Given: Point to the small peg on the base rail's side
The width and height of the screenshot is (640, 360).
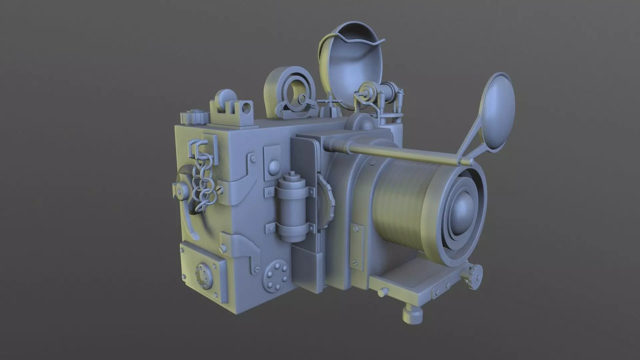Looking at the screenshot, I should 381,293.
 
